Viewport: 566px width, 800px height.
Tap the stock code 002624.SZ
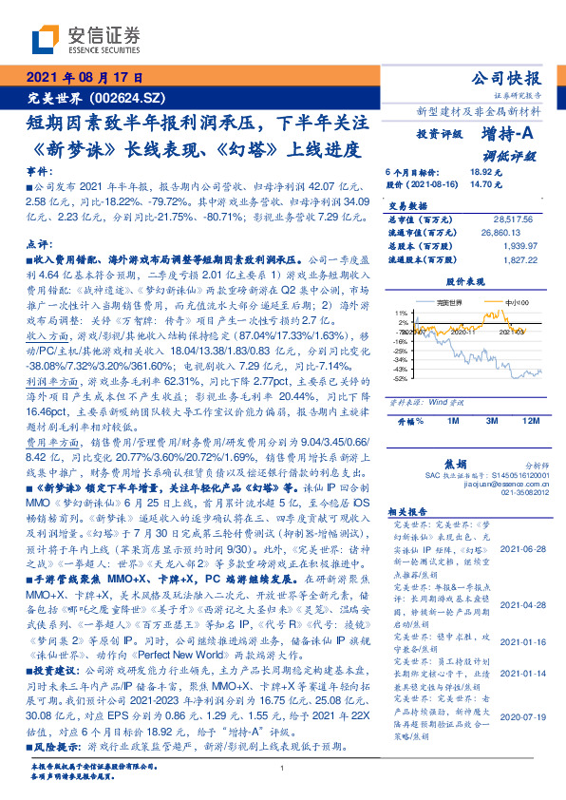(x=129, y=98)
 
